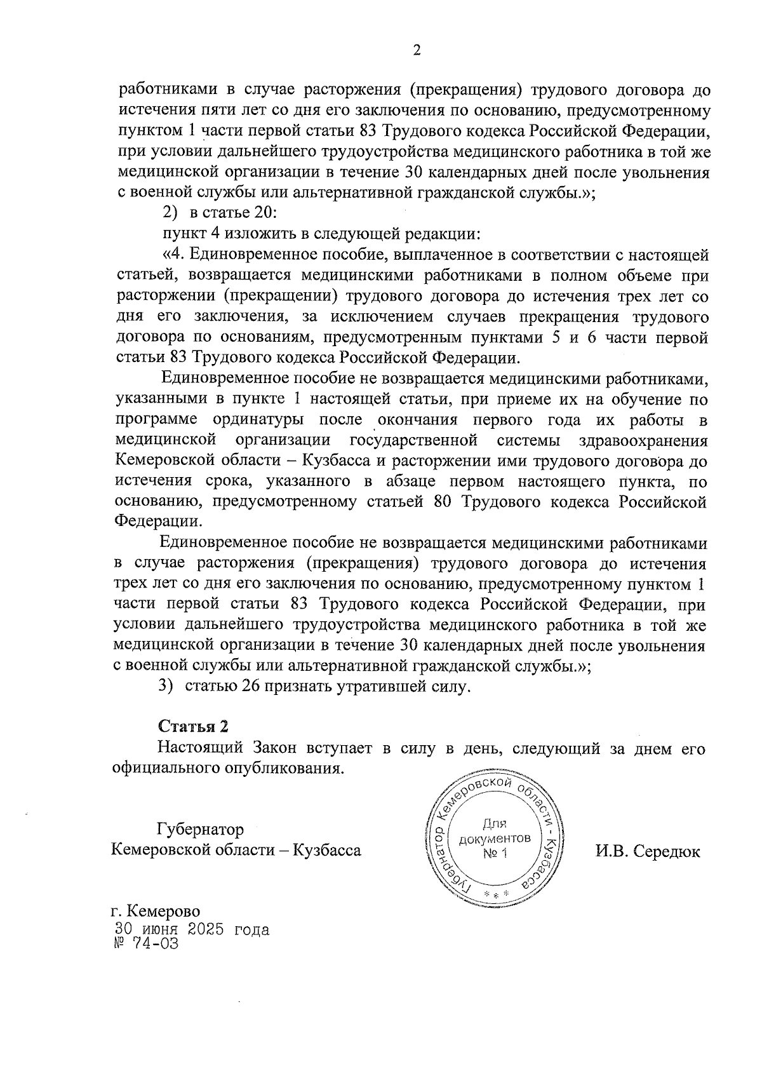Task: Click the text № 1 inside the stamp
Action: (x=495, y=853)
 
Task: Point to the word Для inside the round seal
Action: (x=494, y=825)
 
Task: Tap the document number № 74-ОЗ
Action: (x=145, y=943)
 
